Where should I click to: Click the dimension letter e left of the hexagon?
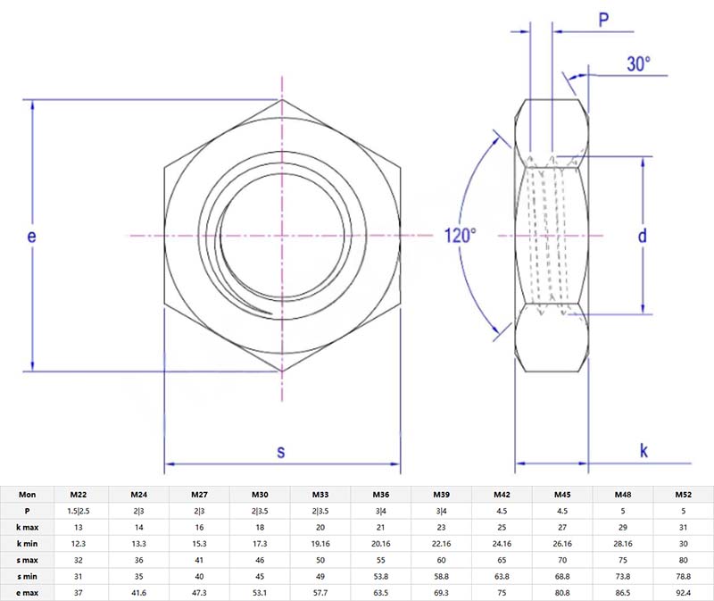[x=32, y=237]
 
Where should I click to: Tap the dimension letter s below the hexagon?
[x=280, y=452]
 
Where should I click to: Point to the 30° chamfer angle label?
[x=639, y=64]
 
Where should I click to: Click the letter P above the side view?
[x=603, y=20]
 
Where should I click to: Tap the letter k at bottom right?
[x=643, y=451]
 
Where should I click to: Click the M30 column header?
[x=260, y=494]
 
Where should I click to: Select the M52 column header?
[x=683, y=494]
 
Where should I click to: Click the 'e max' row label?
[x=28, y=591]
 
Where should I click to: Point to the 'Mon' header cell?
[x=28, y=494]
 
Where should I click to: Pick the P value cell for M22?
[x=79, y=510]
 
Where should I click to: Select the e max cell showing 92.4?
[x=683, y=591]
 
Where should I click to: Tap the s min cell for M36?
[x=381, y=575]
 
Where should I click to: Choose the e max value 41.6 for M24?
[x=139, y=591]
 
